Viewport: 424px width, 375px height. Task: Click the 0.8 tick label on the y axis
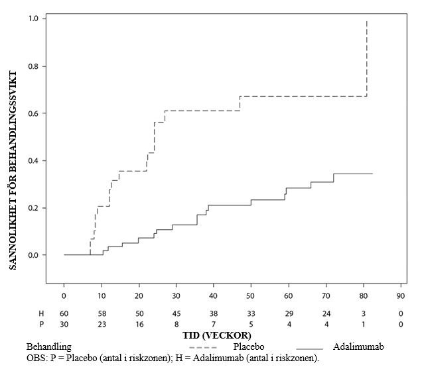pyautogui.click(x=33, y=66)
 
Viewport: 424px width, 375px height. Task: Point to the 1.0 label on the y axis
pyautogui.click(x=33, y=19)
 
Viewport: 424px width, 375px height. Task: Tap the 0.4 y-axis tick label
pyautogui.click(x=33, y=160)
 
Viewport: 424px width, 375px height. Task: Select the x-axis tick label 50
pyautogui.click(x=251, y=296)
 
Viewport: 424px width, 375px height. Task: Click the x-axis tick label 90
pyautogui.click(x=401, y=296)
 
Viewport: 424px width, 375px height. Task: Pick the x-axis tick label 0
pyautogui.click(x=64, y=296)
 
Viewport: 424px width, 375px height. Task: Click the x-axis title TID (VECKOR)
pyautogui.click(x=217, y=335)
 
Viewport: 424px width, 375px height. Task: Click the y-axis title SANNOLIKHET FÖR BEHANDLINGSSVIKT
pyautogui.click(x=13, y=170)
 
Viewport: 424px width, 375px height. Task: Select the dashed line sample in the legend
pyautogui.click(x=203, y=347)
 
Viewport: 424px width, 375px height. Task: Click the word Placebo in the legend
pyautogui.click(x=249, y=347)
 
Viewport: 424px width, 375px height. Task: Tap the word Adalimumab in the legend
pyautogui.click(x=358, y=347)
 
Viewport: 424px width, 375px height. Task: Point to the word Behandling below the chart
pyautogui.click(x=49, y=347)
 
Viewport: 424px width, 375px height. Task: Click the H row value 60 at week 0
pyautogui.click(x=64, y=313)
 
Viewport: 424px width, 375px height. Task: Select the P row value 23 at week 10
pyautogui.click(x=102, y=324)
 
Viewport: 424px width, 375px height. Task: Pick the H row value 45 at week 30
pyautogui.click(x=177, y=313)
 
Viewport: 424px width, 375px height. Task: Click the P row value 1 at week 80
pyautogui.click(x=364, y=324)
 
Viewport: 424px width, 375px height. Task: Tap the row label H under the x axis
pyautogui.click(x=41, y=313)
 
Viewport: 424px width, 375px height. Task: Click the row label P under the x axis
pyautogui.click(x=41, y=324)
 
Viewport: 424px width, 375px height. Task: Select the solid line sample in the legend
pyautogui.click(x=310, y=349)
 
